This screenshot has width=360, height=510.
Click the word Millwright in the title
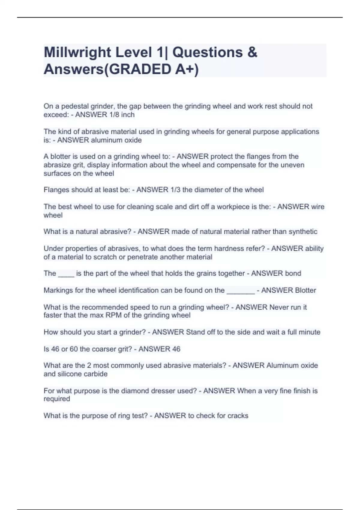coord(77,52)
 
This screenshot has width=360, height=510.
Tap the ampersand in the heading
coord(253,52)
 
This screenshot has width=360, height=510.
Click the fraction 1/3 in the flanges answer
coord(175,190)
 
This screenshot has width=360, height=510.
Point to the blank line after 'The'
coord(66,274)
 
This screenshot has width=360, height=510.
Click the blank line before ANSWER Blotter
coord(241,290)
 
